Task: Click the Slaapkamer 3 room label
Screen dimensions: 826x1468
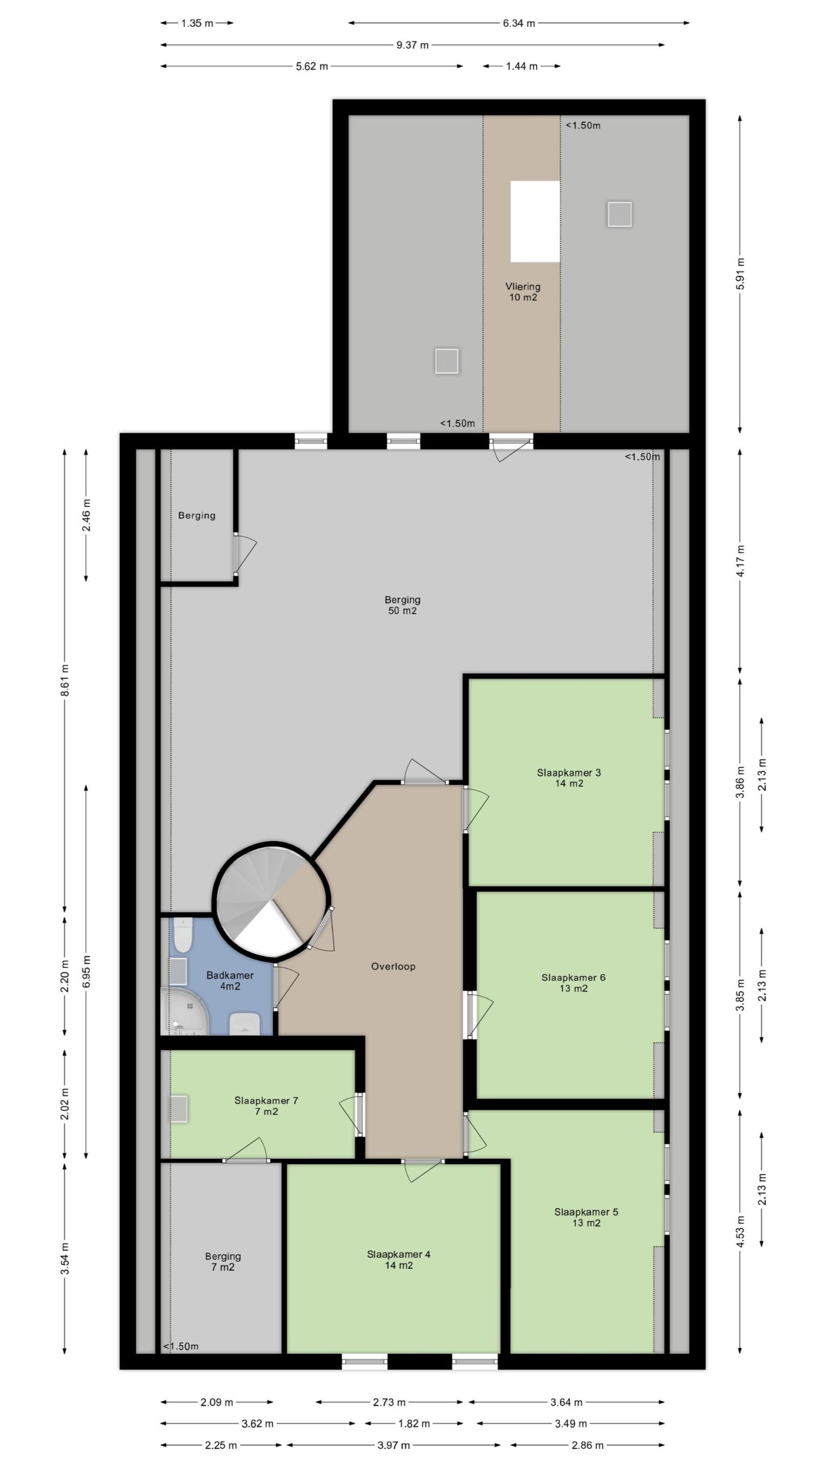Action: (x=568, y=778)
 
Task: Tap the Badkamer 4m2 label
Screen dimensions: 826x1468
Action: (x=229, y=980)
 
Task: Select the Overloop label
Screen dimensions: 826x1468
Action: (x=393, y=966)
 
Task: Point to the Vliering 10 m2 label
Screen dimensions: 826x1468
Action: (x=523, y=291)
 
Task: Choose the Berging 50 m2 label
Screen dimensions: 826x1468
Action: (x=402, y=605)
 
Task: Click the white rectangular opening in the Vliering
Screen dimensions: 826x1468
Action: (x=535, y=221)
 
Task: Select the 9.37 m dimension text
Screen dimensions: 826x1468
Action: (x=412, y=45)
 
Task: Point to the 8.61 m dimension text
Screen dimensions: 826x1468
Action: (x=65, y=680)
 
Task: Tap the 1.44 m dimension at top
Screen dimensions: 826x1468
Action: (x=521, y=66)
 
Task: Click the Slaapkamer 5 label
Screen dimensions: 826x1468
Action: (x=586, y=1217)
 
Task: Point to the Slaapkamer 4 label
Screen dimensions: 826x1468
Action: (x=399, y=1259)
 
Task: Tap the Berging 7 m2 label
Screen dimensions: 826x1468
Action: (x=223, y=1262)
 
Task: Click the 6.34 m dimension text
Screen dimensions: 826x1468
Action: (x=519, y=23)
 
